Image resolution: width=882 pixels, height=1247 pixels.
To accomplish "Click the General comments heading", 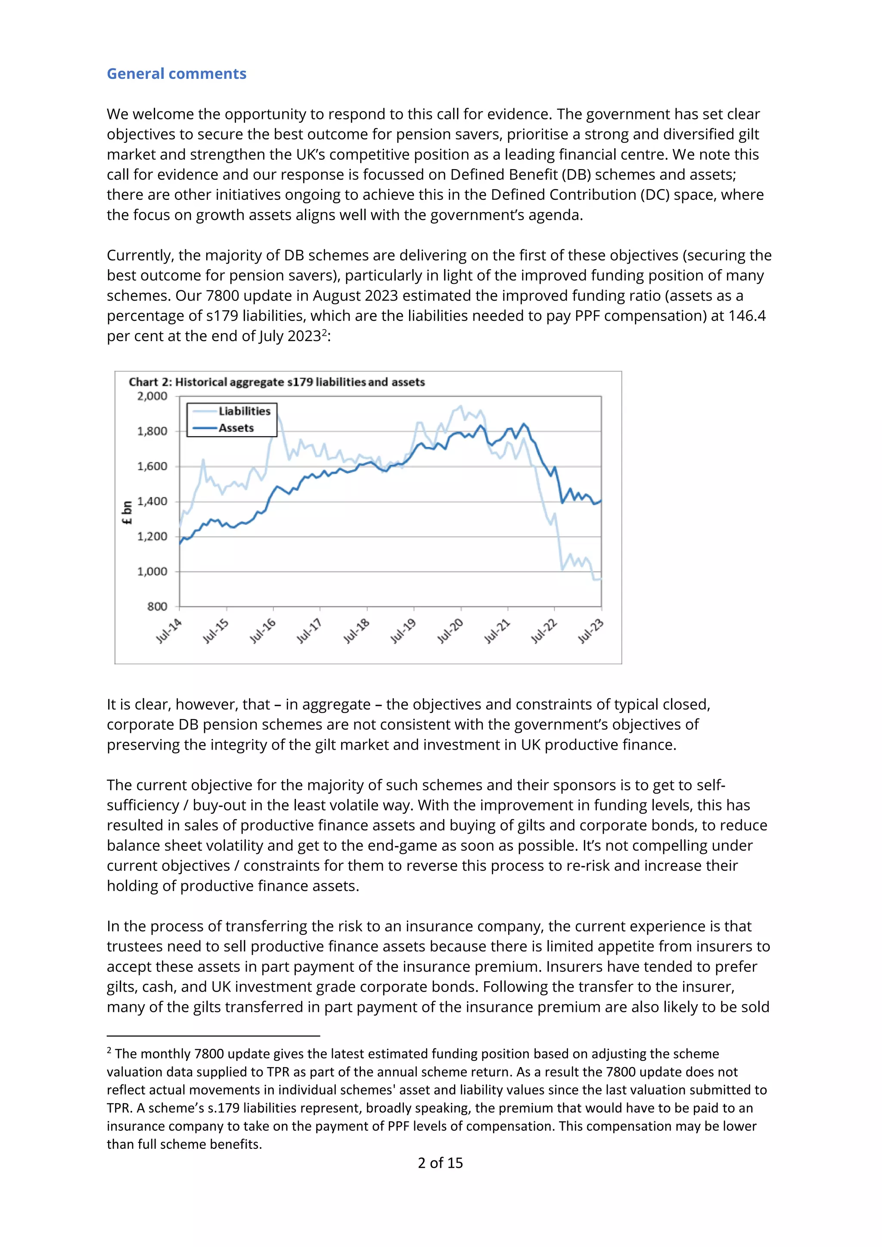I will [x=177, y=74].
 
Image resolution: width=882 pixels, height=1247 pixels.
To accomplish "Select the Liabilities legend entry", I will [x=244, y=411].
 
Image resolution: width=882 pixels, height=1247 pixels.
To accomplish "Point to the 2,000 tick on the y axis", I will [x=152, y=397].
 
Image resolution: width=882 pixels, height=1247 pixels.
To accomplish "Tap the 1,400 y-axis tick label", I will [x=152, y=501].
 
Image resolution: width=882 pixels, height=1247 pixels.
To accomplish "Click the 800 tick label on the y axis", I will [x=157, y=607].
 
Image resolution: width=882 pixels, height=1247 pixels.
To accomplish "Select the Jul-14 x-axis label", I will [x=169, y=631].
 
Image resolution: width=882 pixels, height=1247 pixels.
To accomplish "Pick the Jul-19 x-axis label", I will [x=404, y=631].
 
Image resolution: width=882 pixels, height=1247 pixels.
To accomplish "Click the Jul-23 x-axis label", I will [x=591, y=631].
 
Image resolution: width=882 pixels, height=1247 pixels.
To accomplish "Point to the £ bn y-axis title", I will [x=127, y=513].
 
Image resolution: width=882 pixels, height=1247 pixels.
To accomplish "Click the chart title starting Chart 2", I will [x=276, y=382].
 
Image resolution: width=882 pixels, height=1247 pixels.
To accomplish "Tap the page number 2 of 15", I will [x=440, y=1163].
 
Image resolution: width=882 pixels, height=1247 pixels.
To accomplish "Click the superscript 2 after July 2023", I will [x=324, y=332].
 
